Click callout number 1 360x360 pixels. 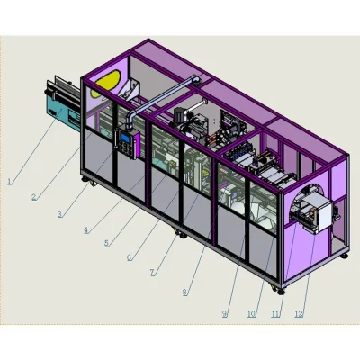pos(10,181)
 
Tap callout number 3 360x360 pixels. pos(59,214)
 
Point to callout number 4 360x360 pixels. pos(85,229)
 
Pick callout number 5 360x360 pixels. pos(106,243)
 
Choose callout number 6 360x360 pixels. pos(129,256)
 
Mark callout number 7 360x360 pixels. pos(152,271)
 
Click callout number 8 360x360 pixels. pos(185,291)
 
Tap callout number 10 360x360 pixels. pos(251,314)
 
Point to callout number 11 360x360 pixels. pos(276,314)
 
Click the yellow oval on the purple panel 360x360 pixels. pos(106,82)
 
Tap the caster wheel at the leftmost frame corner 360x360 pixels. pos(87,184)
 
